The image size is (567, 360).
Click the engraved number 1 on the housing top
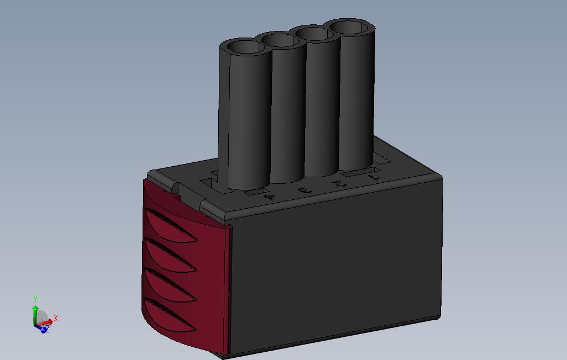pos(374,178)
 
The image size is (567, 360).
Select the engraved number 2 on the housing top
pos(338,184)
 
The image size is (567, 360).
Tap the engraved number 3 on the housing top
pos(303,191)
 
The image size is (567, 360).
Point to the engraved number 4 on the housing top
pos(269,197)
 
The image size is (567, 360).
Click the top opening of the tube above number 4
pos(244,46)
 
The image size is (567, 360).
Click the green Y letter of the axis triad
pos(35,299)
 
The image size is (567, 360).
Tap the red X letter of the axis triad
pos(56,318)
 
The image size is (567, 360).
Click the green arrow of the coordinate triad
pos(35,312)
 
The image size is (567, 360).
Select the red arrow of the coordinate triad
pos(46,321)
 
